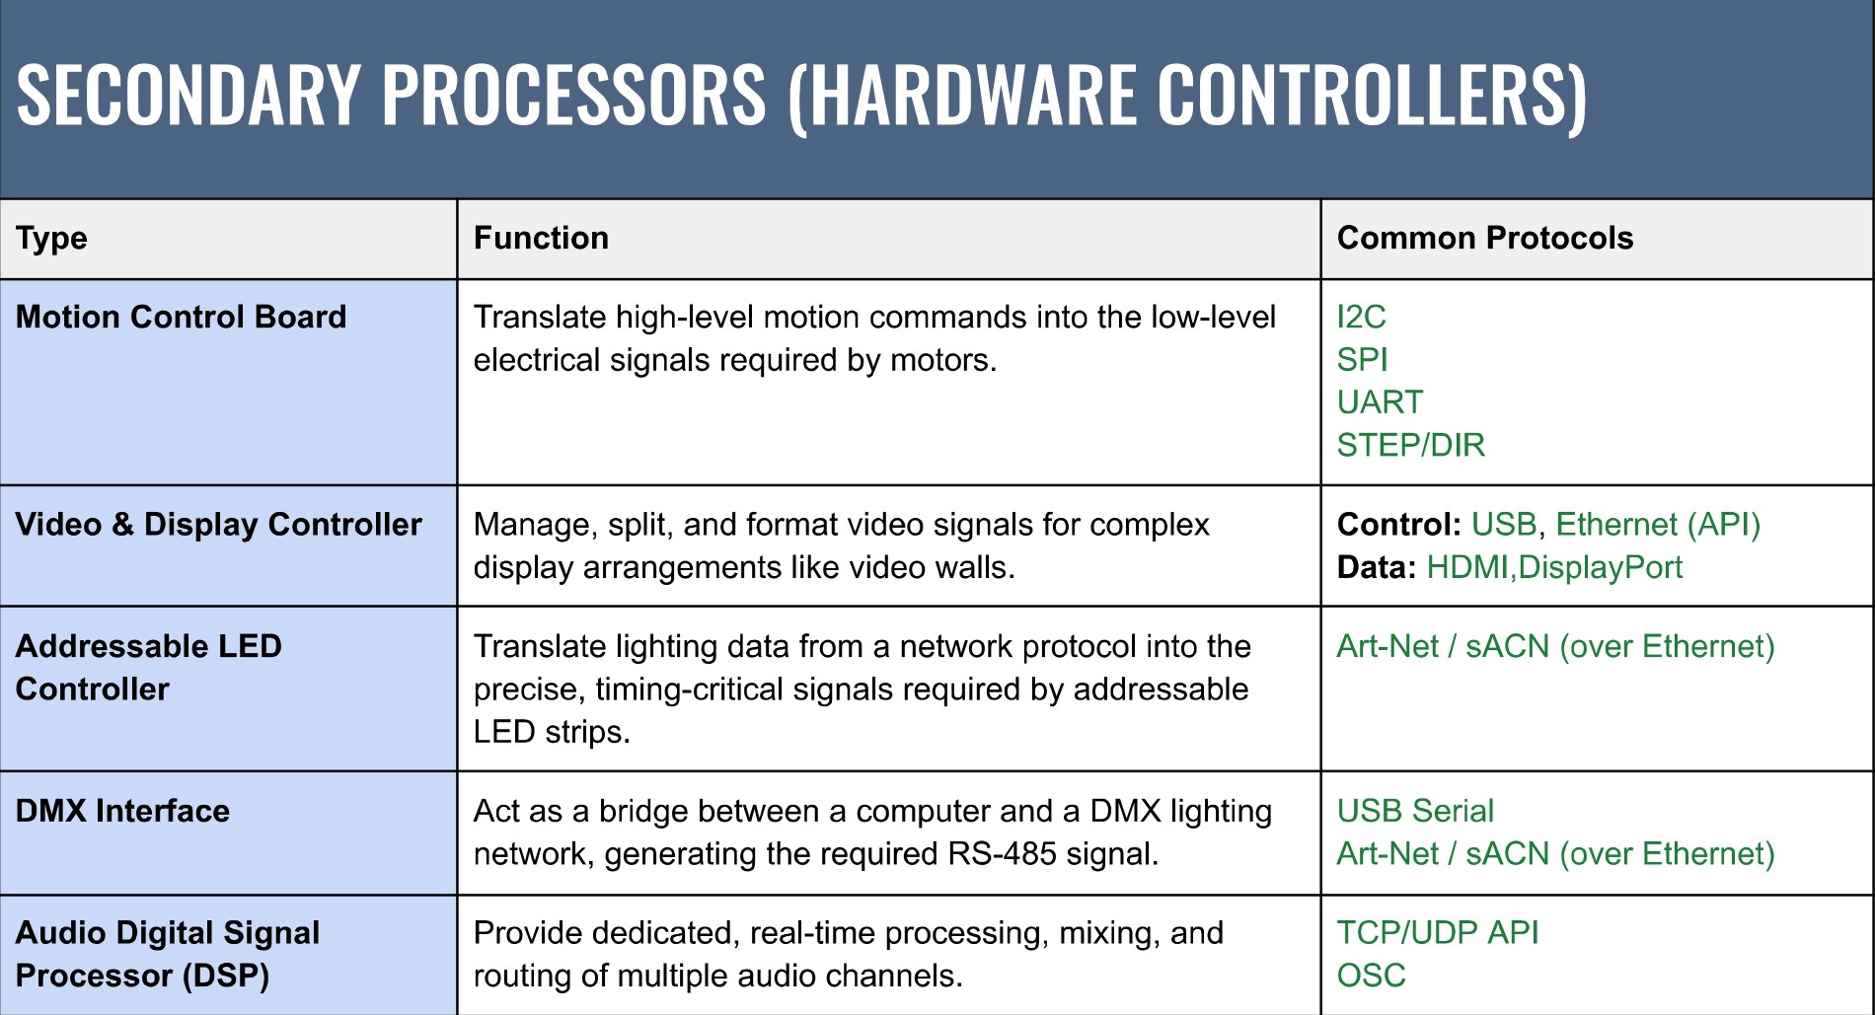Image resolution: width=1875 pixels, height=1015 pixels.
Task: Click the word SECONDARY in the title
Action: point(187,95)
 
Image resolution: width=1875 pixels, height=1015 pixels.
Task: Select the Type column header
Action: point(51,239)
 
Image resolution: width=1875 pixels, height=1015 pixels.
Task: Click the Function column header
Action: point(541,239)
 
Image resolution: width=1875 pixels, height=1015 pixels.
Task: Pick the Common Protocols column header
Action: point(1484,239)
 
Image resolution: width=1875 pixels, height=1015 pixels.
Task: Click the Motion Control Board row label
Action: point(181,317)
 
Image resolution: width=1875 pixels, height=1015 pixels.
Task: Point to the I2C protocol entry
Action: point(1361,317)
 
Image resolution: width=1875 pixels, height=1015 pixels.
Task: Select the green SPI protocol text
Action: point(1362,360)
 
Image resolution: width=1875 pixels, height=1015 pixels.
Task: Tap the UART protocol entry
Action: point(1380,402)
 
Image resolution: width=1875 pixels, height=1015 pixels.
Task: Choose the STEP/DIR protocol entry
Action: point(1410,446)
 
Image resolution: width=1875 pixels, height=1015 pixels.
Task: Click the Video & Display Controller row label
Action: point(218,525)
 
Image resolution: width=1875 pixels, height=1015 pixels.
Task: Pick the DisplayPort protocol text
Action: point(1600,568)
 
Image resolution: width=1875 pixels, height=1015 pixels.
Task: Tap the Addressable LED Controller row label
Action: point(148,668)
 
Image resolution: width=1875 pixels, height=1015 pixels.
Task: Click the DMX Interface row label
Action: point(122,811)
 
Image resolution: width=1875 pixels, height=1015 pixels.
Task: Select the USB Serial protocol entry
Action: point(1414,811)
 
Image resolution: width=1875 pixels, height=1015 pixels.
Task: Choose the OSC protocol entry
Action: point(1371,976)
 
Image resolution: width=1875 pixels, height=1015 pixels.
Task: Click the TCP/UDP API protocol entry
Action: point(1437,933)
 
